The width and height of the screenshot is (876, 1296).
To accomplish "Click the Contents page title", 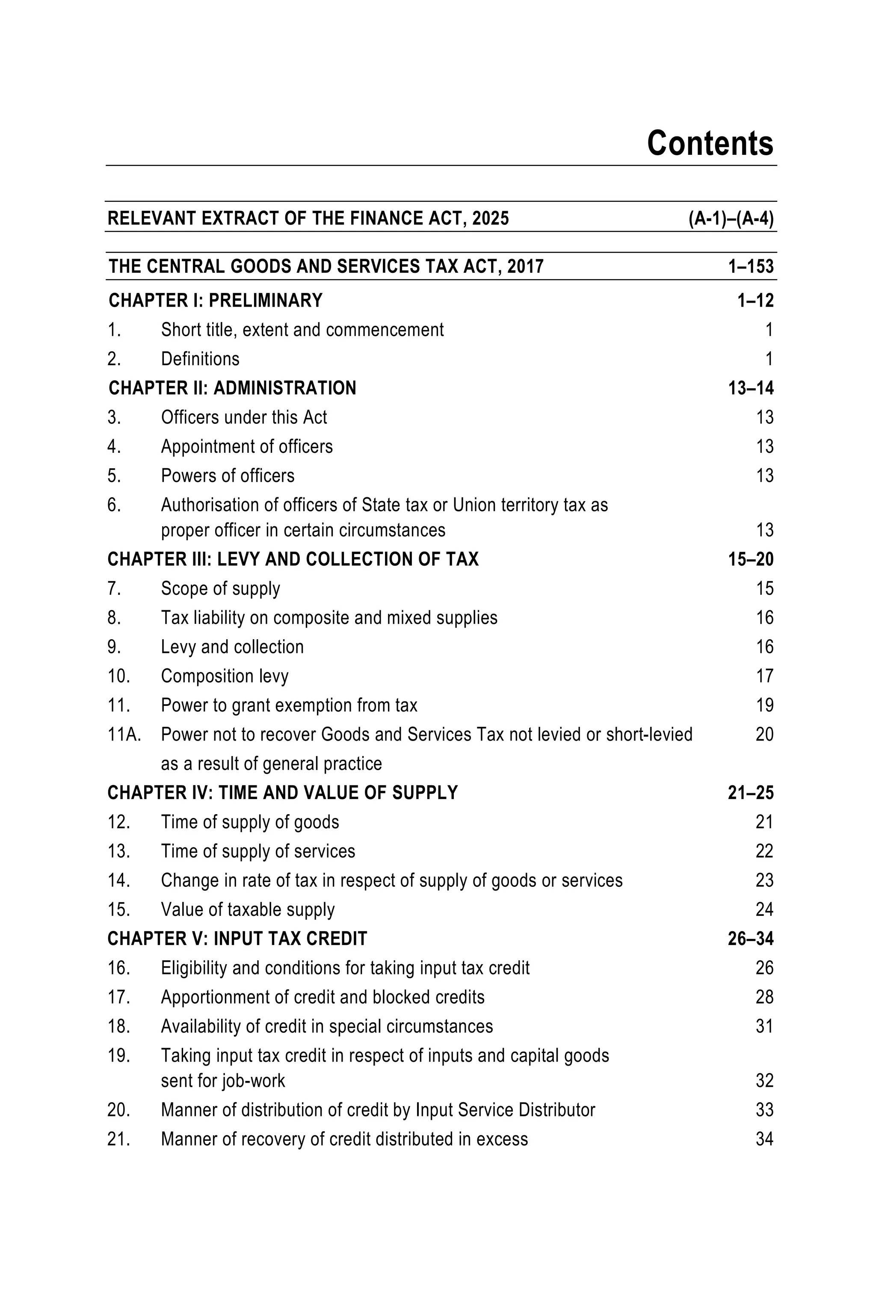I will pos(709,143).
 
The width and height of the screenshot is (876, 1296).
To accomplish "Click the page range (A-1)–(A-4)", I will pos(731,218).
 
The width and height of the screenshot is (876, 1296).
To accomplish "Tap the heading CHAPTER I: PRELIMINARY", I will pos(216,301).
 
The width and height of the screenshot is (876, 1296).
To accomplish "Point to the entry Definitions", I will pos(200,359).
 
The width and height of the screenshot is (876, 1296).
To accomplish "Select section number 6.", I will pos(114,505).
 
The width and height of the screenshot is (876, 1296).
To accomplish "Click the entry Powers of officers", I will pos(228,475).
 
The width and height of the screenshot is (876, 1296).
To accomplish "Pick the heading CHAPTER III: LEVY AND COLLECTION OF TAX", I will pos(293,559).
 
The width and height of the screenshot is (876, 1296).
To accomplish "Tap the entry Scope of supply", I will pos(220,588).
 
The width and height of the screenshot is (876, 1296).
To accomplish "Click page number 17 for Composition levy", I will pos(764,676).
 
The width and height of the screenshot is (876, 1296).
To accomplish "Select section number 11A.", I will pos(124,735).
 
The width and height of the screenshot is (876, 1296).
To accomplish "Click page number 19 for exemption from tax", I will pos(764,706).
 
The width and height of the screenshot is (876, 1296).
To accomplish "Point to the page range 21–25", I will pos(750,793).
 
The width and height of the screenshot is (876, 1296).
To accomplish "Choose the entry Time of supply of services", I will pos(258,851).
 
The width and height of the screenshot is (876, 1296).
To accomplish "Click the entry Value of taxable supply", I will pos(248,909).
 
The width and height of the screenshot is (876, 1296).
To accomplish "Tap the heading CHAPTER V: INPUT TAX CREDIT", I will pos(237,939).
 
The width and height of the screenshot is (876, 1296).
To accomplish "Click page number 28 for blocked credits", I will pos(764,997).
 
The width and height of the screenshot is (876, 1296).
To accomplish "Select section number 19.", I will pos(118,1056).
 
